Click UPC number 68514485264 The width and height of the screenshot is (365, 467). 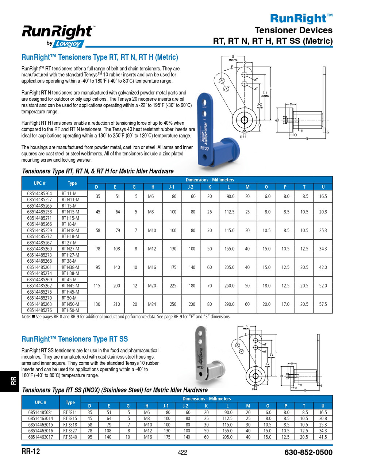[39, 193]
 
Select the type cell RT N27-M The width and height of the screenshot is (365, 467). [70, 249]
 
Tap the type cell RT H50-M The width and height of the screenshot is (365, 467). [70, 310]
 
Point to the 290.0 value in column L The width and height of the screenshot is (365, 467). [229, 304]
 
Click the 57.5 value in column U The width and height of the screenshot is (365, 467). [323, 304]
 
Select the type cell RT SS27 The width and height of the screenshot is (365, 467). [70, 431]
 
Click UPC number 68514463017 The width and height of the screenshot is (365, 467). [40, 437]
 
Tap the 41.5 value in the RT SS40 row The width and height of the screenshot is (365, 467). [323, 437]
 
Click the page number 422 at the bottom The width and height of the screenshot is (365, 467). [182, 453]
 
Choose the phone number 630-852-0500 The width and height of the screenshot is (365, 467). [308, 453]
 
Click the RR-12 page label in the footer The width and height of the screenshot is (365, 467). [31, 452]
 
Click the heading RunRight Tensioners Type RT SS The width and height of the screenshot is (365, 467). [75, 339]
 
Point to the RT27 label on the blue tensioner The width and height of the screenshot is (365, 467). [204, 148]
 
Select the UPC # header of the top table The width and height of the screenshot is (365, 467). [39, 183]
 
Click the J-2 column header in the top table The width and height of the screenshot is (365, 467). [191, 187]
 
